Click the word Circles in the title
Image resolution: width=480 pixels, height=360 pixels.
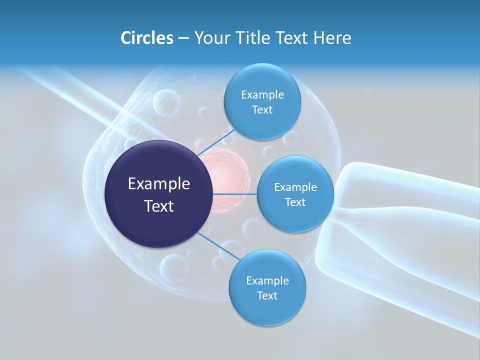(147, 38)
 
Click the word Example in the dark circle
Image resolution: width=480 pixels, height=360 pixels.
(159, 184)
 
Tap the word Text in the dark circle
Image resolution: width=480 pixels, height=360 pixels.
(159, 206)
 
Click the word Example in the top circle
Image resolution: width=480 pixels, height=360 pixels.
(262, 95)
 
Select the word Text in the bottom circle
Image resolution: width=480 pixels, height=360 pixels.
(267, 295)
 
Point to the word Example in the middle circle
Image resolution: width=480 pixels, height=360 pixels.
(295, 187)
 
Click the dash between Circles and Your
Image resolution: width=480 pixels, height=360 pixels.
(183, 38)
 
